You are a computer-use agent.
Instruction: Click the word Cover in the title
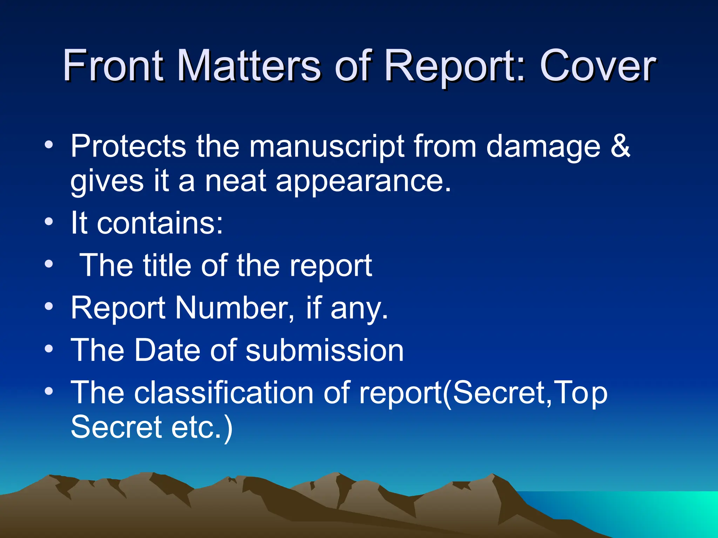597,66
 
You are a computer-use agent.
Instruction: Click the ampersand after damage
620,146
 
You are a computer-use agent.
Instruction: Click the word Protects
128,146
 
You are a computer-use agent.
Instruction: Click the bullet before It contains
49,222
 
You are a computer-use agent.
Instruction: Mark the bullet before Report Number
49,307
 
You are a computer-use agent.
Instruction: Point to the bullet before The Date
49,349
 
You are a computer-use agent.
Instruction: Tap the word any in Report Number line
359,309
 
